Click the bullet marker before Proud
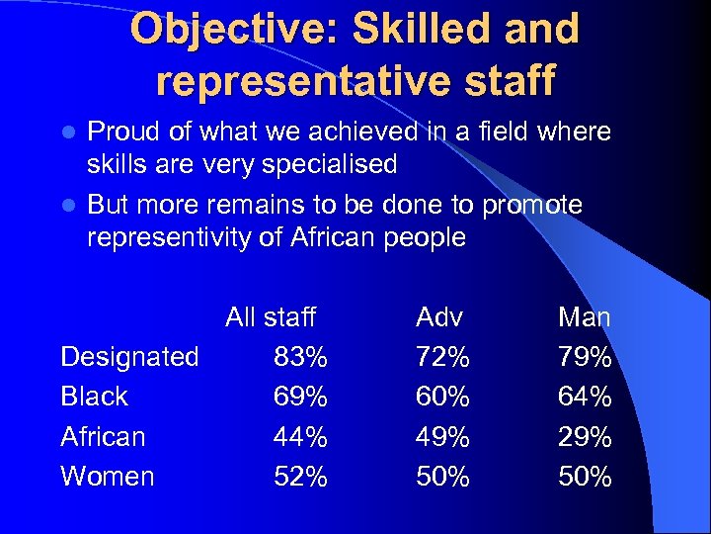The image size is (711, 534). [68, 133]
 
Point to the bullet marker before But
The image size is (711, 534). [68, 206]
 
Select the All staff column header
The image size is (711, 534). [270, 317]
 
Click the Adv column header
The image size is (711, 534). [439, 317]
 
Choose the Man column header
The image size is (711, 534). [585, 317]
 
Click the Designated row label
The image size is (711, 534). [129, 357]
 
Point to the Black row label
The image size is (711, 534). [94, 397]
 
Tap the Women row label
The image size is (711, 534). [108, 476]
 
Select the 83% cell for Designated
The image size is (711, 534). [301, 357]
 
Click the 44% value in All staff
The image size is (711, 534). [301, 436]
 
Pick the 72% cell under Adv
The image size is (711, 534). [443, 357]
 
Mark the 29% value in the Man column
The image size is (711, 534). [586, 436]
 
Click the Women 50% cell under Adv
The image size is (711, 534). [443, 476]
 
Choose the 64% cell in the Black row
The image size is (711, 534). [586, 397]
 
